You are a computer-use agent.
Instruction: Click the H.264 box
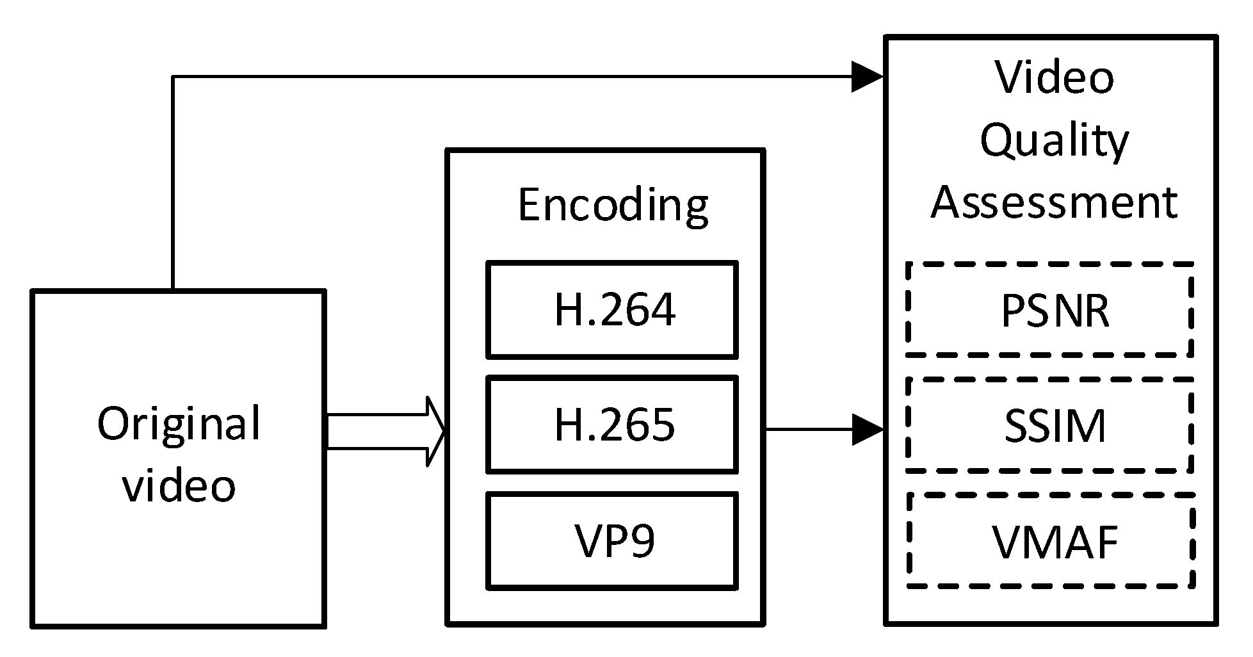611,310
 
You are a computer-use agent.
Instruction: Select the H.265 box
611,425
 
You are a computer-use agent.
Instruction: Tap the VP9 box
611,541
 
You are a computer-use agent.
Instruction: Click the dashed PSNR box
1050,310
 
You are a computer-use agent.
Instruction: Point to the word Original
179,424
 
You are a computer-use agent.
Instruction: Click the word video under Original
179,485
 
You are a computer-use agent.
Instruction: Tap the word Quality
1054,141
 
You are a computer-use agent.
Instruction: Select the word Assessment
1054,202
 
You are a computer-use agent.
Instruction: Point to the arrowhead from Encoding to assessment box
868,430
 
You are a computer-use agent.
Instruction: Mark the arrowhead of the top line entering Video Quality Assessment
868,77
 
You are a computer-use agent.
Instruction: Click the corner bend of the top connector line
173,77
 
